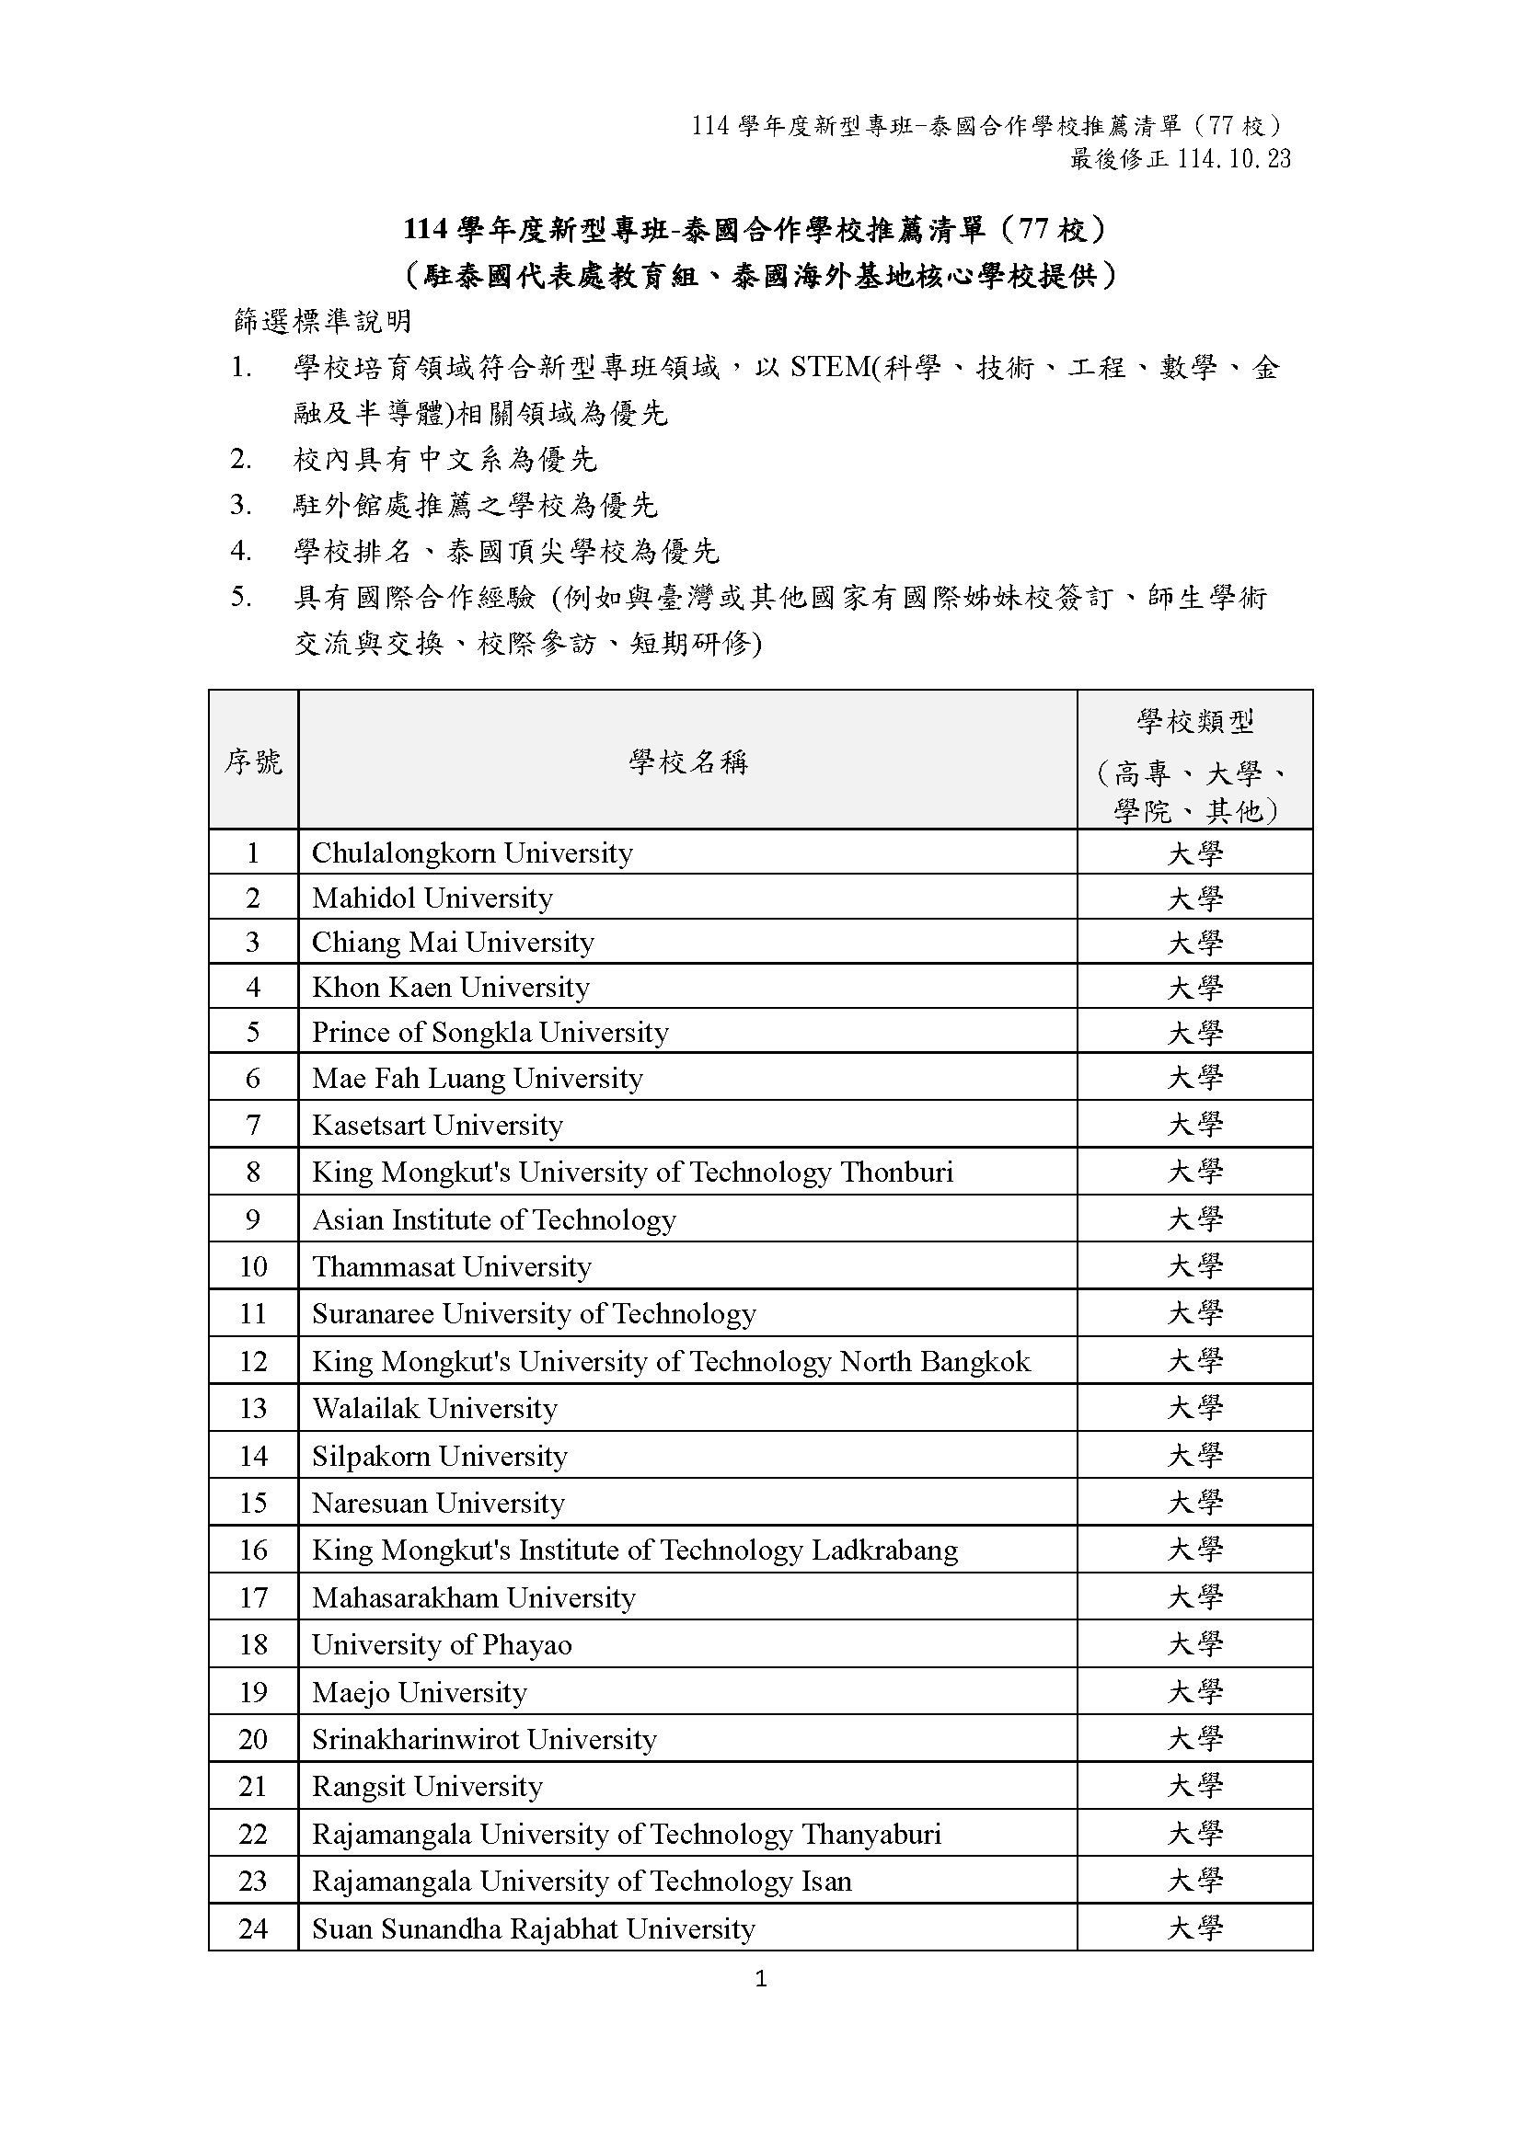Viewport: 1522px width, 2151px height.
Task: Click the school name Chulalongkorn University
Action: (472, 852)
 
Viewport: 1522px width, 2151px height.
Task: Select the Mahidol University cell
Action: (432, 898)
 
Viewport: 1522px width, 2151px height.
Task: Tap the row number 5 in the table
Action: (253, 1033)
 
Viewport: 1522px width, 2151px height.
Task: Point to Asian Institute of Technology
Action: (494, 1219)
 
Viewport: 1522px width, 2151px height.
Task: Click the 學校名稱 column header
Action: (688, 761)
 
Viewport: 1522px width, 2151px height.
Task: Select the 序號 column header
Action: (253, 761)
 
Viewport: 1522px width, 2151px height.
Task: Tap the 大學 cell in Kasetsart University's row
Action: (1195, 1124)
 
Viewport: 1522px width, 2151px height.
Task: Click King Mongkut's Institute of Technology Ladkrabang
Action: (635, 1550)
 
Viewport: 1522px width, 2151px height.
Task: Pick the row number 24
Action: (253, 1929)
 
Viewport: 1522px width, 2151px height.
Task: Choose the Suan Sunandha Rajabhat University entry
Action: (534, 1929)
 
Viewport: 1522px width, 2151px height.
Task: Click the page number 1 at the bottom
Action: (760, 1979)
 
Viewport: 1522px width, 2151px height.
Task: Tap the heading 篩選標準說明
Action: (322, 321)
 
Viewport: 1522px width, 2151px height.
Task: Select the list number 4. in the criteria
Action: (241, 551)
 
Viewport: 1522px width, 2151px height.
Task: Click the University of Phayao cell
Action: (442, 1645)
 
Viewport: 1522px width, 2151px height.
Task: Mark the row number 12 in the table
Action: (253, 1361)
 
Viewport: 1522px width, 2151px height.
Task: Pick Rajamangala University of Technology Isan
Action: (581, 1882)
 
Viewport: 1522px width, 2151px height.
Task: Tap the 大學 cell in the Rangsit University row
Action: (1195, 1787)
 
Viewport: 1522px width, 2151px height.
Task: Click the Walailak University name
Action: (434, 1409)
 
